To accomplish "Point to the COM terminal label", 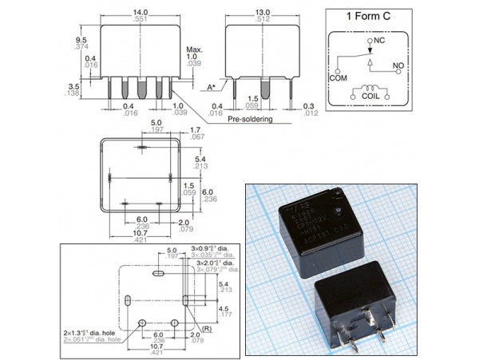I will click(339, 79).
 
